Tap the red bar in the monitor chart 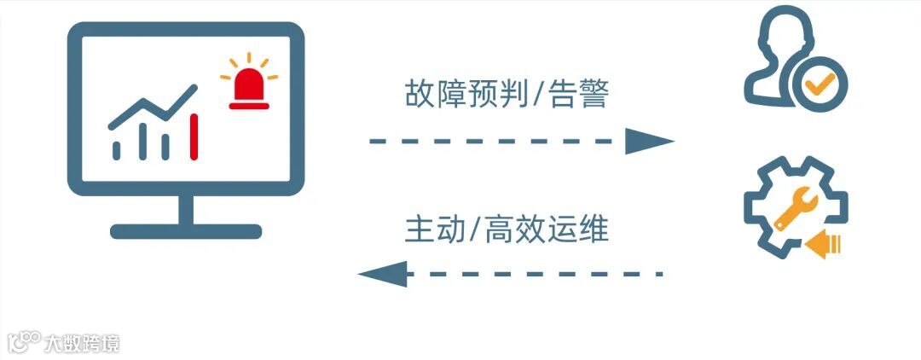[x=194, y=137]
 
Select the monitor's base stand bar [x=185, y=231]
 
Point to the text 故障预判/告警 [x=507, y=94]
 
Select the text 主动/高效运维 [x=507, y=229]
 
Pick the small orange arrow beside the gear [x=824, y=245]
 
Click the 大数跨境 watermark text [x=83, y=343]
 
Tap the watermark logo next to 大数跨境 [x=24, y=342]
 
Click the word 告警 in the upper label [x=584, y=94]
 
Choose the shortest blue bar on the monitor [x=117, y=150]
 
